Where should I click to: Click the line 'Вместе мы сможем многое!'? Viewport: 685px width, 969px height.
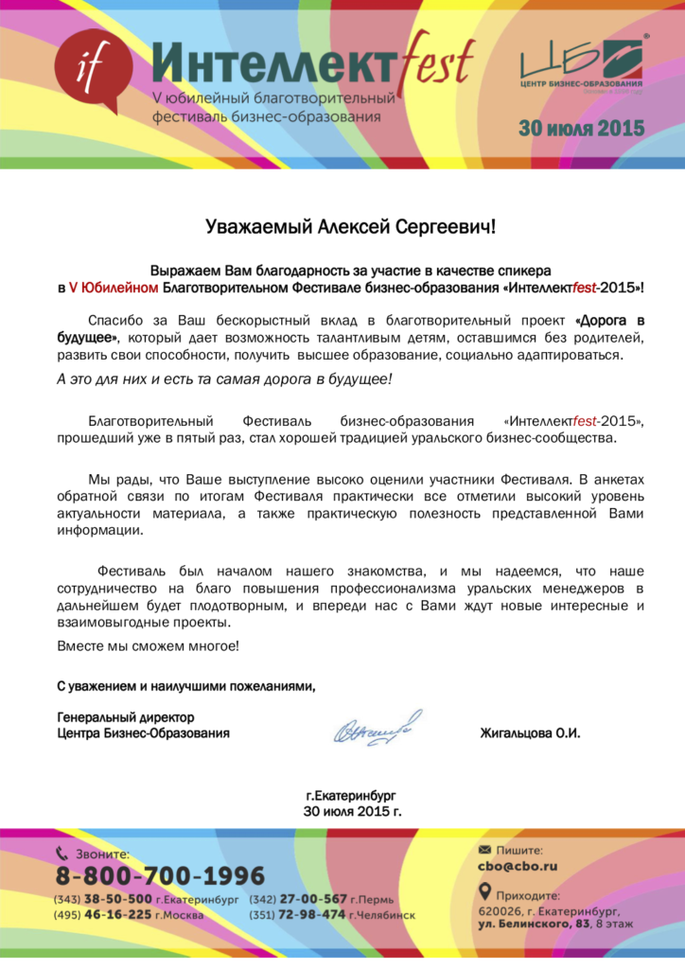coord(149,645)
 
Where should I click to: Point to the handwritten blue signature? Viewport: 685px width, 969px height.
coord(377,729)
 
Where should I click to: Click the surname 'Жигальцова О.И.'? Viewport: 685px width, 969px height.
coord(530,733)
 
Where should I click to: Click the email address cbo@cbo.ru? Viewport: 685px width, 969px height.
coord(518,866)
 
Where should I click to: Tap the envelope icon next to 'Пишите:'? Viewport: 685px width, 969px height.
coord(485,850)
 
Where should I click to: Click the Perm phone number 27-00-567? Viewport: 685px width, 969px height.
coord(313,899)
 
